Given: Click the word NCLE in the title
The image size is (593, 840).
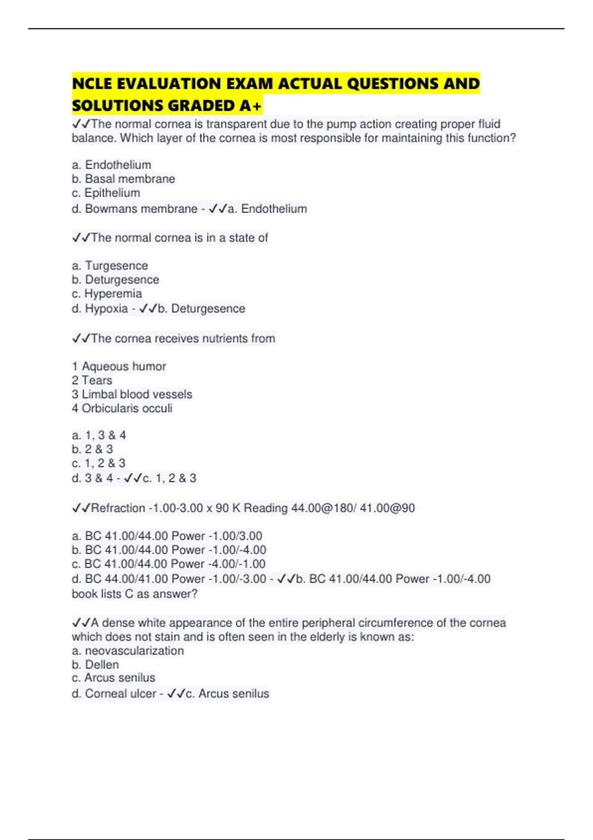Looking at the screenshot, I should (92, 84).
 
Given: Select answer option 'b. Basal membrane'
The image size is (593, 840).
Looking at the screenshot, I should (123, 179).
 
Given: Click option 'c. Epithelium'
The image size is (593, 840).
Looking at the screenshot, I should (106, 193).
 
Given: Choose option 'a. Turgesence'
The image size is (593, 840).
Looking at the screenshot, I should (110, 266).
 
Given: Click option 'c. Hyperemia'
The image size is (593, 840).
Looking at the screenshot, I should (107, 294).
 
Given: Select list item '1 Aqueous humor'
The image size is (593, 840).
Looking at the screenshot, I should (119, 367).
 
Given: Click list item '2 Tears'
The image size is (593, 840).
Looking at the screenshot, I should (92, 380).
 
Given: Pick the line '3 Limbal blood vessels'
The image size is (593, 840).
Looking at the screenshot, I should (132, 394).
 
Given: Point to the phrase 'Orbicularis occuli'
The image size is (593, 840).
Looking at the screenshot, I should (127, 408).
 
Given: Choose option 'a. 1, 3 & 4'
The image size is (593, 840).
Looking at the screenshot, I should (99, 435).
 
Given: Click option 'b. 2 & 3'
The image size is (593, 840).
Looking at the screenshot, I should (92, 449).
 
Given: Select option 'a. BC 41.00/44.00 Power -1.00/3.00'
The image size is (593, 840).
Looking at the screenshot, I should (167, 536).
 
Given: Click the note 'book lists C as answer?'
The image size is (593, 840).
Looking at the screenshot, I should (134, 594).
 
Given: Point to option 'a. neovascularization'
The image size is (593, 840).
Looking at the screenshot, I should (127, 651).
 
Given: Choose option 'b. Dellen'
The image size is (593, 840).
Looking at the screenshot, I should (95, 665).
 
